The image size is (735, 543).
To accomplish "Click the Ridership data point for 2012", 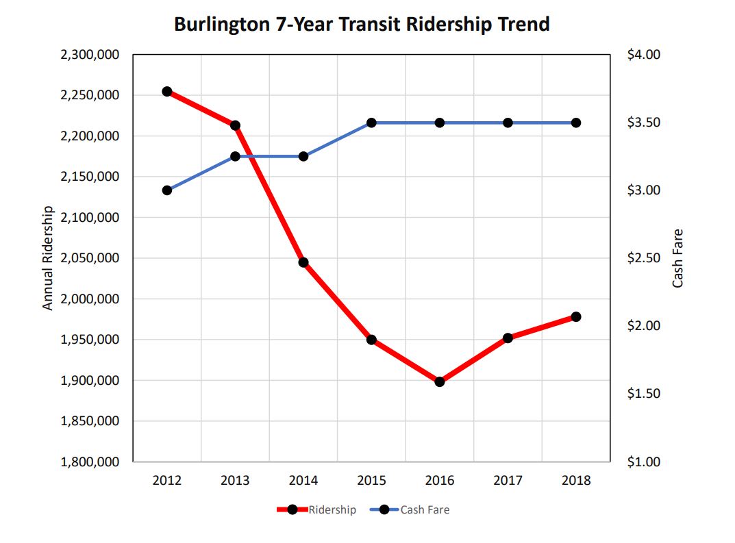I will point(167,92).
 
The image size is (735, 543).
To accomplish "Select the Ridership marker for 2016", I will point(440,381).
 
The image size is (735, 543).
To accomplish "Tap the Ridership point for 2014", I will point(303,262).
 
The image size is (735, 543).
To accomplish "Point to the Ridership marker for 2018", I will point(576,317).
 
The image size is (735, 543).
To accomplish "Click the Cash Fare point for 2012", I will point(167,190).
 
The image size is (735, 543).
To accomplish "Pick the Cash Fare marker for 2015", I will point(371,123).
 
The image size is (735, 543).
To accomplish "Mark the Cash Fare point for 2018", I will point(576,123).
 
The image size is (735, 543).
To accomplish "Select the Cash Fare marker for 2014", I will point(303,156).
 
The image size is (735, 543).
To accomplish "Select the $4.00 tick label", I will point(643,55).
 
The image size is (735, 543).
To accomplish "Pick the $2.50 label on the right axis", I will point(643,258).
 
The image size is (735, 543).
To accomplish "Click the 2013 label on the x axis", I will point(235,481).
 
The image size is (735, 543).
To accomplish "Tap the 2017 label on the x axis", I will point(508,481).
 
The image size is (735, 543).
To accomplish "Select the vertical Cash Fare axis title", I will point(677,258).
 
